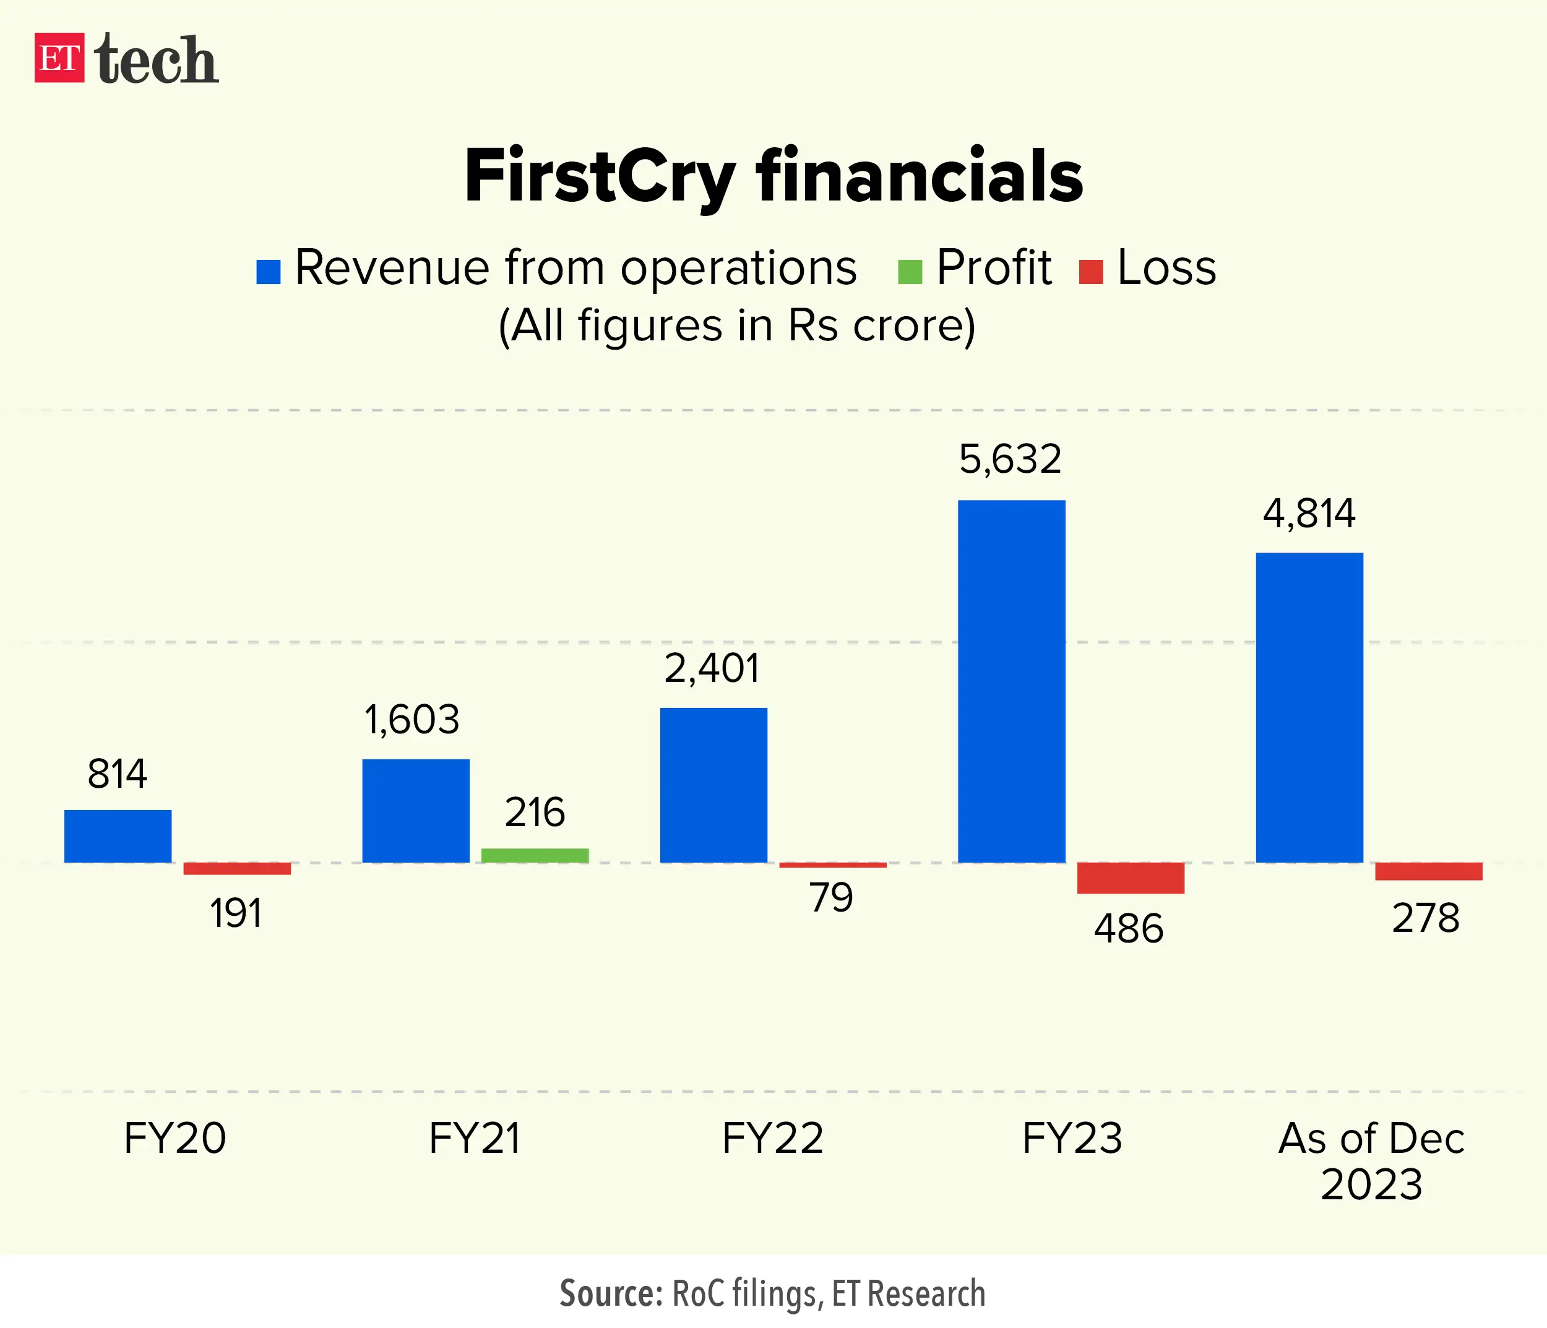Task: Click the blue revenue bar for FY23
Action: click(1011, 681)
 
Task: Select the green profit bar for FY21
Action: click(535, 855)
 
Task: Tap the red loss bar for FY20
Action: click(236, 868)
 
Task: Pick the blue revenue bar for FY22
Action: click(713, 785)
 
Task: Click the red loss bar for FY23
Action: click(1131, 878)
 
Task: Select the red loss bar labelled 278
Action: click(1428, 871)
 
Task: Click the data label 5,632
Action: click(1009, 460)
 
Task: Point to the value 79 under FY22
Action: click(831, 897)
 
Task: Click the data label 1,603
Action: click(412, 720)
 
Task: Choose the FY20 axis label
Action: click(175, 1139)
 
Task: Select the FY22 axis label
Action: click(773, 1139)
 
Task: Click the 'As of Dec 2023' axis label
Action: click(1371, 1161)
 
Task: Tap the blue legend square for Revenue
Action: click(268, 272)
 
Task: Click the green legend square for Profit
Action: click(910, 272)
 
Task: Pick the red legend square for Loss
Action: click(1091, 272)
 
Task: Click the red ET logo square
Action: click(59, 58)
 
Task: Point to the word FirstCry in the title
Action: click(600, 177)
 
